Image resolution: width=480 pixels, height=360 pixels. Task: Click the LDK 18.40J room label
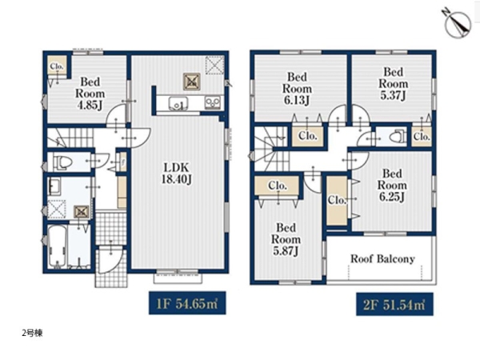pos(177,174)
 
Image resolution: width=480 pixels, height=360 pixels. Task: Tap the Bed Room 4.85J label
pos(90,94)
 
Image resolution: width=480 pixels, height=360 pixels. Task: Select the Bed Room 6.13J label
pos(297,88)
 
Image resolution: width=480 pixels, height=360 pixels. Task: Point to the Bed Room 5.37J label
pos(394,83)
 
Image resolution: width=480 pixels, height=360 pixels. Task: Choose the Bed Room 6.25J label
pos(392,185)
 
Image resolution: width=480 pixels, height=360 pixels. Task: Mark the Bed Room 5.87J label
pos(286,239)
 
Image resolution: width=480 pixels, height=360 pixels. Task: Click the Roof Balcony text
pos(382,258)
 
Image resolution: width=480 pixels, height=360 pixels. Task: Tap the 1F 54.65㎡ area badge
pos(187,303)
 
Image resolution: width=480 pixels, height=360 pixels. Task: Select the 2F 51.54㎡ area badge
pos(394,305)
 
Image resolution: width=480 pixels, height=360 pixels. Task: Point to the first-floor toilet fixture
pos(63,162)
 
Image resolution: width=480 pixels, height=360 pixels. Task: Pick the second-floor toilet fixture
pos(398,137)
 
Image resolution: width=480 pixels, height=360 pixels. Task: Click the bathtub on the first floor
pos(58,246)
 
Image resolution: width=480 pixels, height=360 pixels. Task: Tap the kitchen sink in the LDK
pos(178,103)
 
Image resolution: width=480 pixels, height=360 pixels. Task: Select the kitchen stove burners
pos(213,102)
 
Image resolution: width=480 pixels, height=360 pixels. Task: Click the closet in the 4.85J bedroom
pos(57,66)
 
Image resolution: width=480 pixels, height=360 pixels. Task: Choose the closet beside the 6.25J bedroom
pos(337,201)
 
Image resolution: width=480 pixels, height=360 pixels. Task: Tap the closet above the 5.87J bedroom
pos(277,186)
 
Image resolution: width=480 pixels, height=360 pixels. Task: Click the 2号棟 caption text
pos(33,333)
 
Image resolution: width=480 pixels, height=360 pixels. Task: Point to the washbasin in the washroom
pos(54,186)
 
